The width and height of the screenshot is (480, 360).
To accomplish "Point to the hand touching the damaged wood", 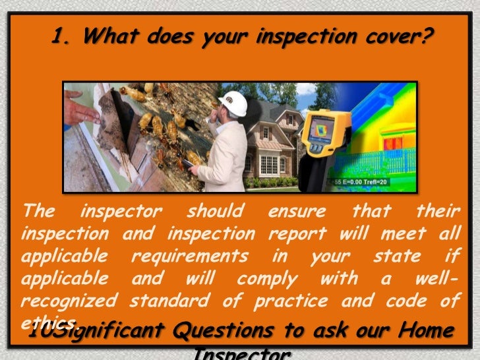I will click(80, 109).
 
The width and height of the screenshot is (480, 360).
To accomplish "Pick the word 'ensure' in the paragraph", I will click(297, 212).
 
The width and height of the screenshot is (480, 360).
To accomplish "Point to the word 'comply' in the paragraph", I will click(267, 278).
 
